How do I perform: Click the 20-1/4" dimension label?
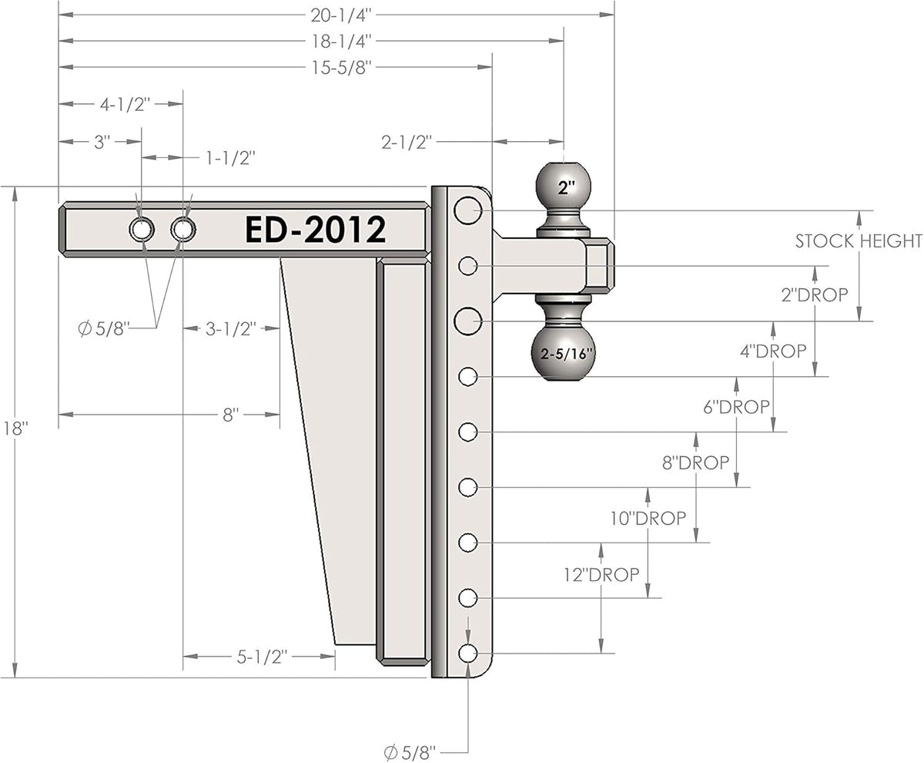pos(340,15)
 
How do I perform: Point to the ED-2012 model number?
pos(316,229)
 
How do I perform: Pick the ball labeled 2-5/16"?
pos(564,353)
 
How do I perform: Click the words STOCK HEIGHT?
pos(859,241)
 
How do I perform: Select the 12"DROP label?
pos(601,575)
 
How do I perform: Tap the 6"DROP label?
pos(736,407)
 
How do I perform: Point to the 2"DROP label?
pos(815,294)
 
